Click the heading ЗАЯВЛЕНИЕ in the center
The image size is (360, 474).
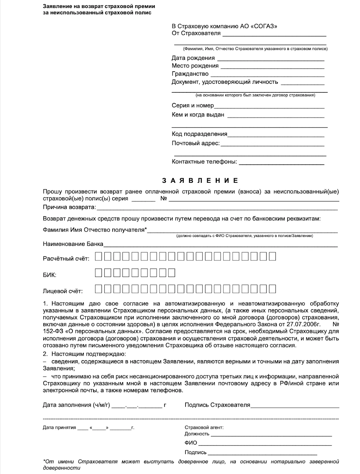point(200,180)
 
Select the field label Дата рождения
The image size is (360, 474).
point(193,58)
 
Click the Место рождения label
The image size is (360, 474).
point(195,66)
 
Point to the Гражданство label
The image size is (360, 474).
point(190,74)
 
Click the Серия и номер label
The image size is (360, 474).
point(193,105)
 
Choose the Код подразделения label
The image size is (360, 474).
point(199,134)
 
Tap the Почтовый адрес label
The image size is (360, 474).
point(196,143)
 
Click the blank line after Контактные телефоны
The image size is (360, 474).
point(281,162)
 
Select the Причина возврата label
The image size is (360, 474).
point(69,207)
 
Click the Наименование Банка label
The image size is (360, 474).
point(73,244)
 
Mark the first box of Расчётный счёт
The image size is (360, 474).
point(99,257)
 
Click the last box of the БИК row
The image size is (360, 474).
point(171,273)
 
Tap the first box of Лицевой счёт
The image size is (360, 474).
point(99,289)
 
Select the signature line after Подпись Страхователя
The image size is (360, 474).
point(295,406)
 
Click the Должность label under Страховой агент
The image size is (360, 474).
point(197,434)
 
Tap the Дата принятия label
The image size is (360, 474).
point(59,428)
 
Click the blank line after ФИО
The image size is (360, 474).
point(265,443)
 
